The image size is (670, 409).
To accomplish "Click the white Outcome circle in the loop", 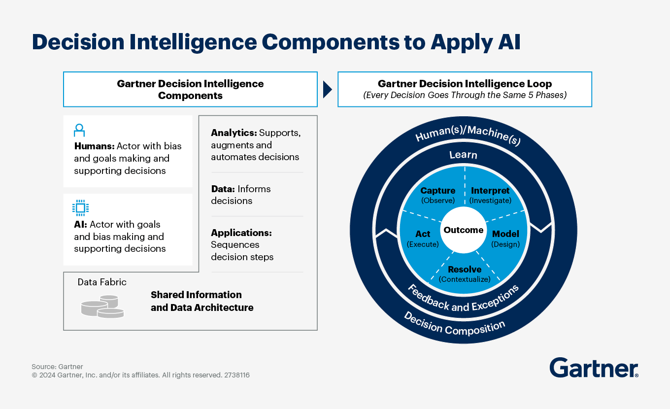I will [x=463, y=230].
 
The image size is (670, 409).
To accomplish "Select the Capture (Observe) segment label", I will [x=437, y=195].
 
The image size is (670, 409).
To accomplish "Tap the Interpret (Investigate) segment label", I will [x=490, y=195].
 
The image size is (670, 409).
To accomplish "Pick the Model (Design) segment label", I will [x=505, y=239].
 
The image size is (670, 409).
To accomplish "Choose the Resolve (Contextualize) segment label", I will [x=465, y=274].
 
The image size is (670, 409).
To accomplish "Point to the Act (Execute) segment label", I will [x=423, y=239].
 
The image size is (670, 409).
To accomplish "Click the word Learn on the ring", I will [x=463, y=155].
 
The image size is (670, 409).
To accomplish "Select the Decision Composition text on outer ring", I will [x=454, y=326].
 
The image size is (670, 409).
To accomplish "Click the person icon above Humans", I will [x=79, y=131].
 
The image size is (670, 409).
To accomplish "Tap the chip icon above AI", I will [x=80, y=208].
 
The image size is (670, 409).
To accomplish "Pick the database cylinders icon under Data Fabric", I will [x=102, y=306].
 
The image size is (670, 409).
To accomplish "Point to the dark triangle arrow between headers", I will [x=327, y=89].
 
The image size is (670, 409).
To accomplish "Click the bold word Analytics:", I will [x=234, y=133].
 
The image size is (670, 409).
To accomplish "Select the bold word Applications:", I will [x=241, y=233].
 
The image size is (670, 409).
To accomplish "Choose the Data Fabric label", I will [x=102, y=282].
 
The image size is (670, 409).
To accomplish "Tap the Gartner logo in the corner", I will [x=594, y=368].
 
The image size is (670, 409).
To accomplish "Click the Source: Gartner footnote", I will [x=57, y=367].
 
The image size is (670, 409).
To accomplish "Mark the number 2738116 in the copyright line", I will [x=236, y=375].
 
